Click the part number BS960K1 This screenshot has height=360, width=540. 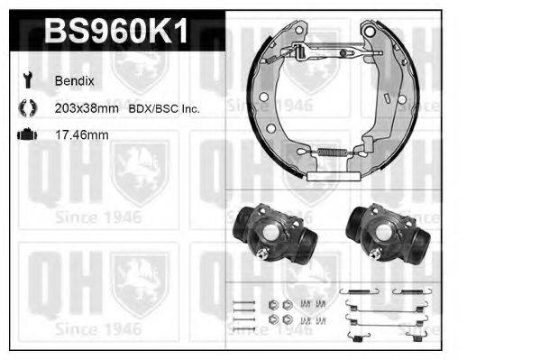click(116, 32)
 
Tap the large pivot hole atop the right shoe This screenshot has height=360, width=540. click(369, 34)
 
